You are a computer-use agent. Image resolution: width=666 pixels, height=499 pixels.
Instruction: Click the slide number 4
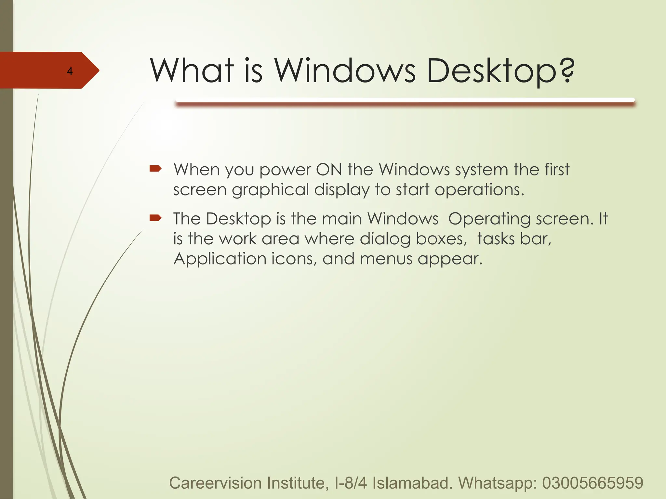point(70,71)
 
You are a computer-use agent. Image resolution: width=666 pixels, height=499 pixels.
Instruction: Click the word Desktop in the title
point(491,71)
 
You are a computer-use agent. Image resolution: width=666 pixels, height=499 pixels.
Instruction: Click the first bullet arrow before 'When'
point(155,168)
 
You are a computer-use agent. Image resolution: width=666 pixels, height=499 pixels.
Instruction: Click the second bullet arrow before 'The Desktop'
point(155,217)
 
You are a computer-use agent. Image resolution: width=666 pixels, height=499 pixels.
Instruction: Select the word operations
point(479,190)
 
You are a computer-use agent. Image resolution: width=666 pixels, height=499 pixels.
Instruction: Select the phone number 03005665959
point(593,483)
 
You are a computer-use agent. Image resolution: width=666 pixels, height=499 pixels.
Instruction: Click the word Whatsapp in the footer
point(498,483)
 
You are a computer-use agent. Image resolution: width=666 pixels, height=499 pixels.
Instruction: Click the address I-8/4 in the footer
point(351,483)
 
